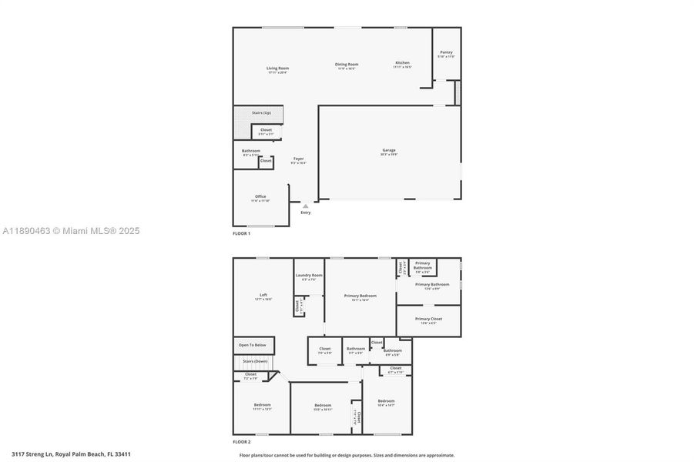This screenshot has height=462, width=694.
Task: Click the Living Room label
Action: point(277,69)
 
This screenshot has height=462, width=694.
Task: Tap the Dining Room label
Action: point(347,65)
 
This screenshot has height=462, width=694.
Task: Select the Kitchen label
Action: point(402,63)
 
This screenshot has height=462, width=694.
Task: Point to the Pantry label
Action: point(446,52)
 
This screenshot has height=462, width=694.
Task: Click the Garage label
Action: point(388,150)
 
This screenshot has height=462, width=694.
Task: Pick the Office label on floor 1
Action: point(260,196)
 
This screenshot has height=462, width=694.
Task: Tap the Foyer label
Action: point(298,159)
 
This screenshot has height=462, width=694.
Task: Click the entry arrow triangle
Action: point(306,206)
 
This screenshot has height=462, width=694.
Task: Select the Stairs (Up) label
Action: point(262,113)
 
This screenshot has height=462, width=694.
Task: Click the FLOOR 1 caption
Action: point(242,233)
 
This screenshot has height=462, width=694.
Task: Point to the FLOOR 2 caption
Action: point(242,442)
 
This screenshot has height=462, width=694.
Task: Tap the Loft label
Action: point(263,295)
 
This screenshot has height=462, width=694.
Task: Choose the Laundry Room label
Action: point(308,275)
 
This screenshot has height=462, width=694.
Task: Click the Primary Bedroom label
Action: point(360,296)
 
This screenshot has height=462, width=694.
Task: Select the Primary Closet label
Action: point(428,319)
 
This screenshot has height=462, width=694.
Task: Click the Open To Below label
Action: point(252,345)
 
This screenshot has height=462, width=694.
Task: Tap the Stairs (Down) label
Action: point(255,361)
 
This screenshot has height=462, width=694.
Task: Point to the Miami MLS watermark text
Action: point(71,231)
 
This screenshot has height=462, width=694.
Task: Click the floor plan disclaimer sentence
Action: point(347,455)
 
